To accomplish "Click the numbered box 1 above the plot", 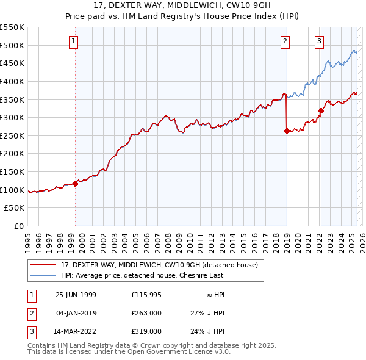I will pyautogui.click(x=73, y=41).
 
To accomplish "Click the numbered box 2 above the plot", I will pyautogui.click(x=285, y=41).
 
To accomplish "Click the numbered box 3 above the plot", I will pyautogui.click(x=319, y=41).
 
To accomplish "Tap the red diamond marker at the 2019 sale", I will pyautogui.click(x=287, y=130).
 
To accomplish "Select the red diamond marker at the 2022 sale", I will pyautogui.click(x=321, y=110).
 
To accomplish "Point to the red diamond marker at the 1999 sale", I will pyautogui.click(x=76, y=184).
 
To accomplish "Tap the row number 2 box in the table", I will pyautogui.click(x=31, y=313).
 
